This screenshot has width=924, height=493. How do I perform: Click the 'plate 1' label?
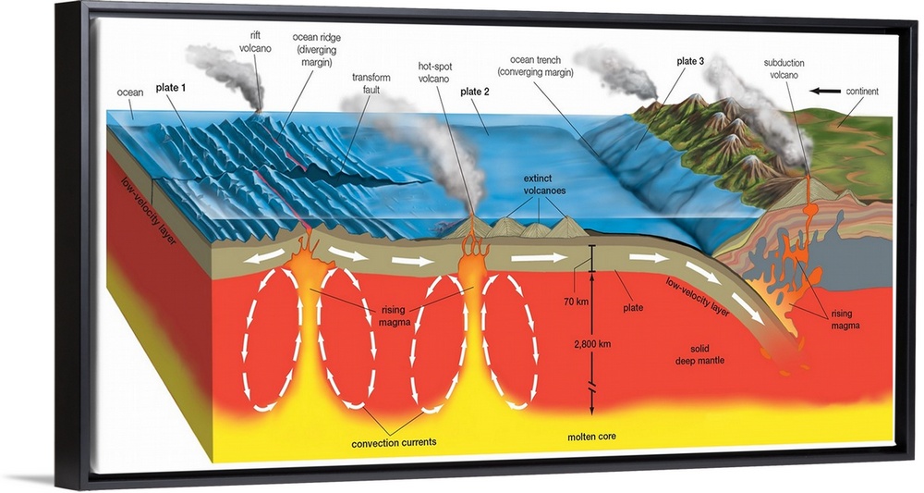(171, 87)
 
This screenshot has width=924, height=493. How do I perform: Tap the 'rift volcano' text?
(255, 42)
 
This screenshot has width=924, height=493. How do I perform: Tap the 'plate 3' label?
(690, 61)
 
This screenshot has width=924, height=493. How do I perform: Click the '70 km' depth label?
(576, 302)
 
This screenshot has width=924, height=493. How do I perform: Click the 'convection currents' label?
(394, 442)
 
